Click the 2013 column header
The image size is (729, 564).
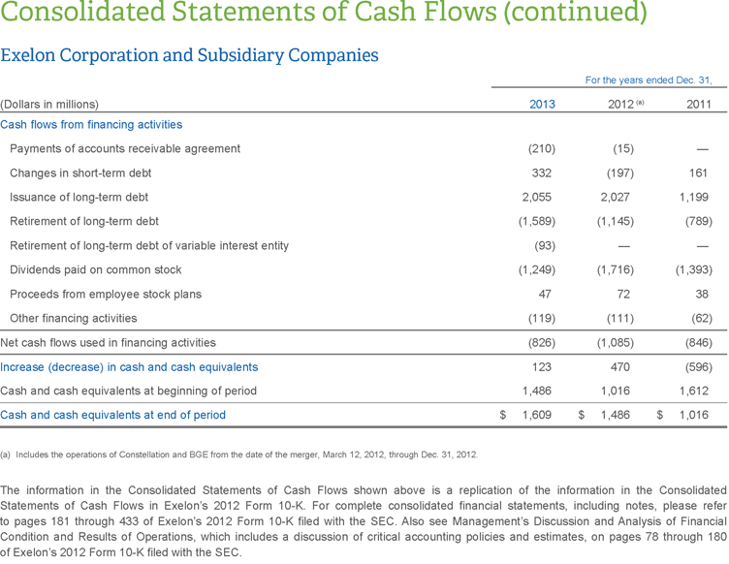pos(542,104)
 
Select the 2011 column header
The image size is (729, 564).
pos(698,104)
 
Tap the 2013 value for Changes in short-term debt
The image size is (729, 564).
pos(542,172)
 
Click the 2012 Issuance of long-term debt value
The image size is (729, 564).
pos(615,197)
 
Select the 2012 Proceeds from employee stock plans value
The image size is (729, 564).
pos(624,294)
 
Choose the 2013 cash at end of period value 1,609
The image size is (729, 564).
pos(536,415)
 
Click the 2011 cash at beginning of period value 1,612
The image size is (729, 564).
pos(694,391)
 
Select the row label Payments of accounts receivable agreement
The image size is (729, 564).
pos(125,148)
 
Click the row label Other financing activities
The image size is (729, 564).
pos(73,318)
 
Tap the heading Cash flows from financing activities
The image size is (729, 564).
pos(91,124)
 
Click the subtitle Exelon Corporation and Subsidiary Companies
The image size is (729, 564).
pos(189,55)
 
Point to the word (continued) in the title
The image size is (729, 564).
pos(568,14)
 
